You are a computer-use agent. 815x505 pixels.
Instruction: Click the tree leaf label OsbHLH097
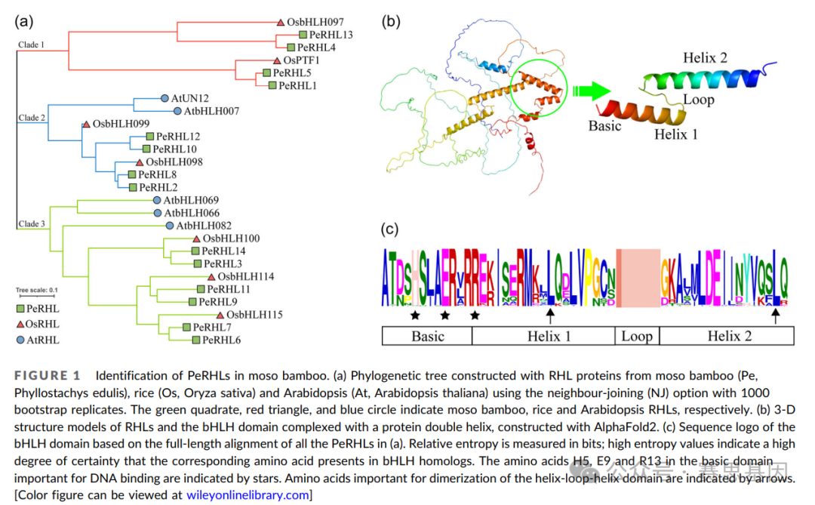point(315,23)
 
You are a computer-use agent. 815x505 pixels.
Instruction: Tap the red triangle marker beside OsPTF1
point(277,60)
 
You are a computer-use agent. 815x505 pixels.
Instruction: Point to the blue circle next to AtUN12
point(164,98)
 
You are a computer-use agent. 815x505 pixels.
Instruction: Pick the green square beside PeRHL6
point(195,340)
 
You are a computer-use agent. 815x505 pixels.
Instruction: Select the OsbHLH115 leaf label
point(254,314)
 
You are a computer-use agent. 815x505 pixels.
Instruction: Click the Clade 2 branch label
point(32,118)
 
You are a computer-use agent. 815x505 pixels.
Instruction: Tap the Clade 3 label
point(32,223)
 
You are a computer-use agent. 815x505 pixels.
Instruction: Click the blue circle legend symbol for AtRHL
point(21,340)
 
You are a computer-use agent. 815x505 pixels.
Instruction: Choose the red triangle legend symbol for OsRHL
point(21,324)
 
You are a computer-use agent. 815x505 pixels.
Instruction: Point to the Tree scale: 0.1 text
point(38,290)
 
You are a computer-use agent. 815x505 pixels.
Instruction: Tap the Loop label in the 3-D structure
point(698,100)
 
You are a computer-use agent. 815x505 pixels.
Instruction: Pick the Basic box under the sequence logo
point(427,336)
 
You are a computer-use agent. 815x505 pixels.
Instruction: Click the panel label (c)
point(390,229)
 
